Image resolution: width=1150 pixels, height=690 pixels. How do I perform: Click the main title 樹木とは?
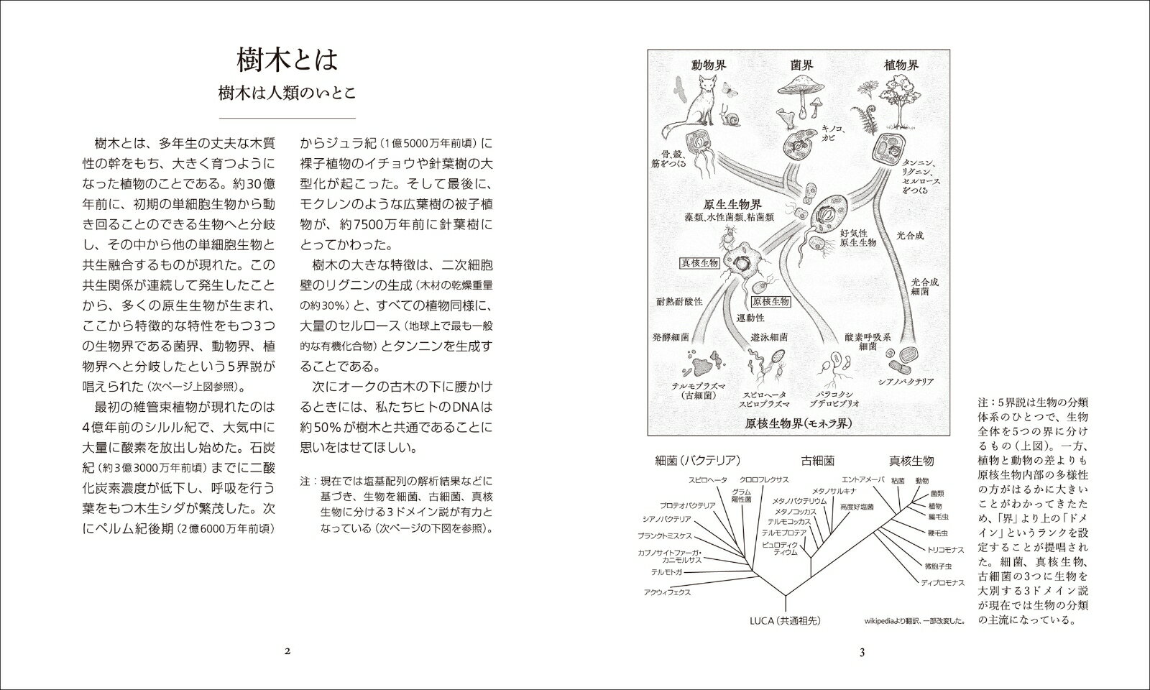tap(287, 59)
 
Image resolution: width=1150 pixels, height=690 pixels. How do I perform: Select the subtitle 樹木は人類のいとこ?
tap(287, 93)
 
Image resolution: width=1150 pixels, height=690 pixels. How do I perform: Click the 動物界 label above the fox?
tap(709, 65)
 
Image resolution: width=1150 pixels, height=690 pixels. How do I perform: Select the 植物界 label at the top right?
tap(901, 65)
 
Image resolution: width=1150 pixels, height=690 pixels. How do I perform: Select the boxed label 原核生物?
tap(770, 302)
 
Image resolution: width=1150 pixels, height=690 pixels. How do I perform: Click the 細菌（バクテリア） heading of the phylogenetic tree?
tap(698, 461)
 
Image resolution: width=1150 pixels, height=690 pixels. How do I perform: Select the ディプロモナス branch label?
tap(942, 582)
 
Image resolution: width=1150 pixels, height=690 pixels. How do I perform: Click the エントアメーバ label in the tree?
tap(862, 479)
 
